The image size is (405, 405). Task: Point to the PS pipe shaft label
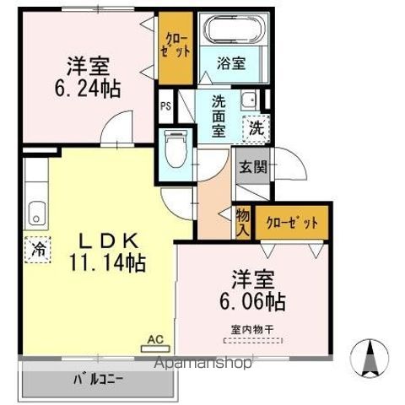165,107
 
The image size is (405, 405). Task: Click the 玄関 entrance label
252,166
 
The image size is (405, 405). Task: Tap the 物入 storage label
243,221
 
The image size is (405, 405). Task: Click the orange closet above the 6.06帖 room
292,224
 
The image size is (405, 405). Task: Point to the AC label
154,340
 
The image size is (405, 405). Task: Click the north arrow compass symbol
368,357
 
